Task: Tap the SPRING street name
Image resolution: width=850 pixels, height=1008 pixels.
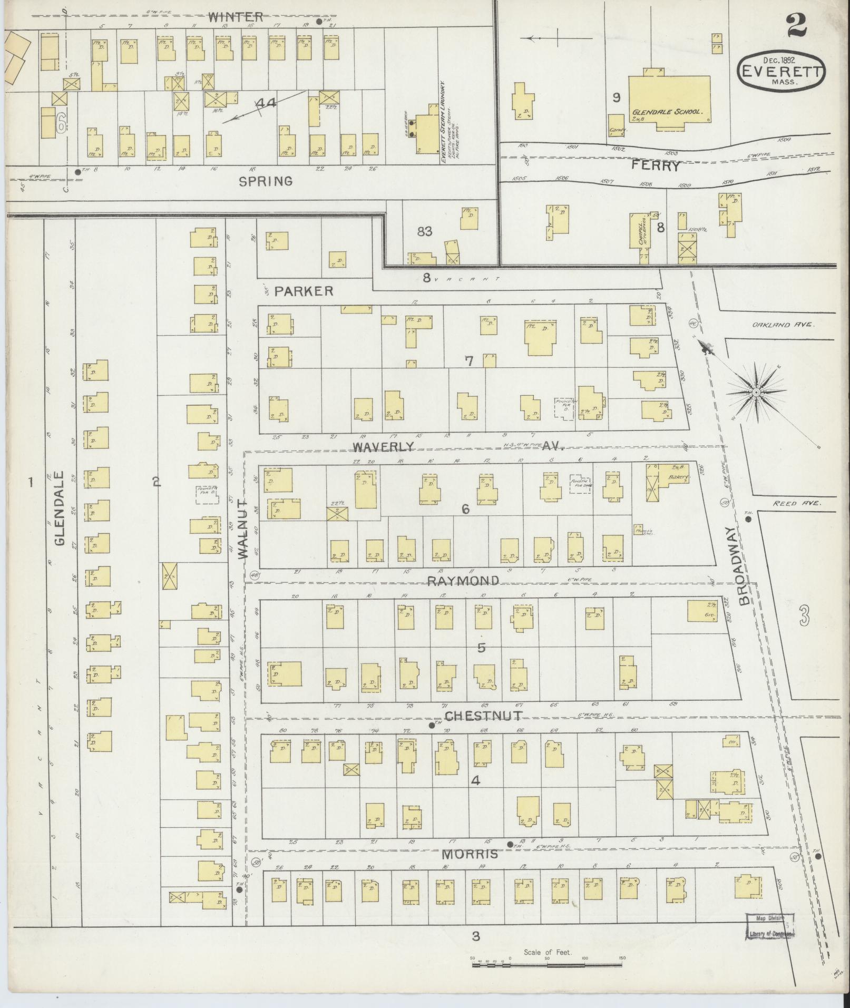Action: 266,181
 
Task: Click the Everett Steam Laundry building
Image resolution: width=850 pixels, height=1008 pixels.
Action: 427,132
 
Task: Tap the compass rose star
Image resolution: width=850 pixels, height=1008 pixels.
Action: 756,393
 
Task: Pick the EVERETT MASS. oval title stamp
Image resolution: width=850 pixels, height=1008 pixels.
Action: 782,71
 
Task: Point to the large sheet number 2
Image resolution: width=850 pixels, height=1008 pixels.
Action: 796,26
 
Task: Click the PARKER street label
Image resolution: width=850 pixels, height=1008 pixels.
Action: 304,291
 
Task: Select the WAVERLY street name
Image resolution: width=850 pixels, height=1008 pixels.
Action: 384,447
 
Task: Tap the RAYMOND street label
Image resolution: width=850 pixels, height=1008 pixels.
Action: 463,581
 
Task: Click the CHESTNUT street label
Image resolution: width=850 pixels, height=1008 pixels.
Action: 483,716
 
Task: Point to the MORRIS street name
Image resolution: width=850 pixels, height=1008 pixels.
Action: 470,854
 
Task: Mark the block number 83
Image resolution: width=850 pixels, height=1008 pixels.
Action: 424,231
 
